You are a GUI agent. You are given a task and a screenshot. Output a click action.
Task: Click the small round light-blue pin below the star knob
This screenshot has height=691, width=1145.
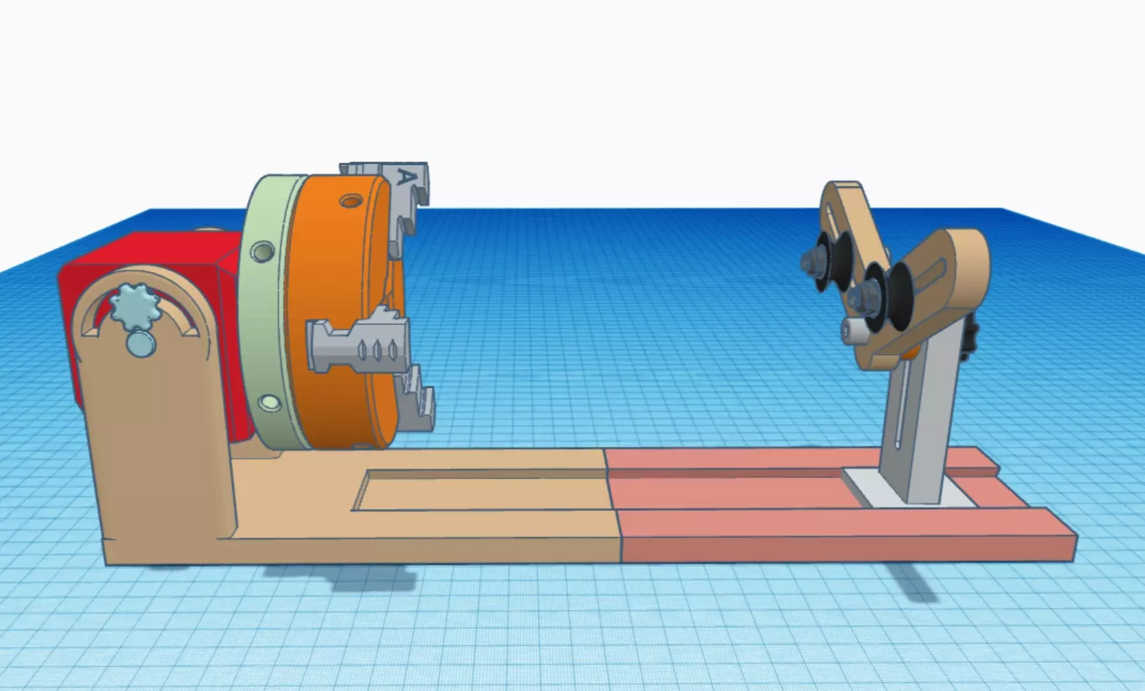140,343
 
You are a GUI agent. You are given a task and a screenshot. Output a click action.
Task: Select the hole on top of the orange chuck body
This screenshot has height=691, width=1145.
351,200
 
